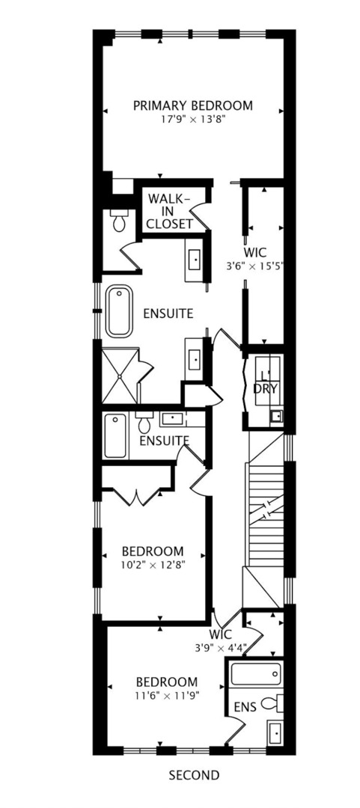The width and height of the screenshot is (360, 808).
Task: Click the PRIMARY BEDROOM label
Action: click(x=192, y=105)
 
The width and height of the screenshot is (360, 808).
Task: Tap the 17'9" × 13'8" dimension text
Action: click(x=192, y=119)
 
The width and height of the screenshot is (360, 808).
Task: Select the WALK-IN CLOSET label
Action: click(x=169, y=211)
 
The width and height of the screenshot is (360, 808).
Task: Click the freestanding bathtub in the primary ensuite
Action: click(x=119, y=310)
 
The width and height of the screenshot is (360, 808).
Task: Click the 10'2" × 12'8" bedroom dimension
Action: click(x=153, y=565)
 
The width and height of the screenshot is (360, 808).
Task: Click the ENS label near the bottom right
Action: click(x=244, y=706)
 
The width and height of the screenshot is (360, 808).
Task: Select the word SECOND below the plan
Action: click(x=194, y=775)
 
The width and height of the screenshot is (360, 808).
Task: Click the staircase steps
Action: click(x=266, y=516)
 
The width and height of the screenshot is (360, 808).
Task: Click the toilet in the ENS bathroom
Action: click(x=278, y=703)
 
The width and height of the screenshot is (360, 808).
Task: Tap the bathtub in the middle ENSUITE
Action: click(x=115, y=436)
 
